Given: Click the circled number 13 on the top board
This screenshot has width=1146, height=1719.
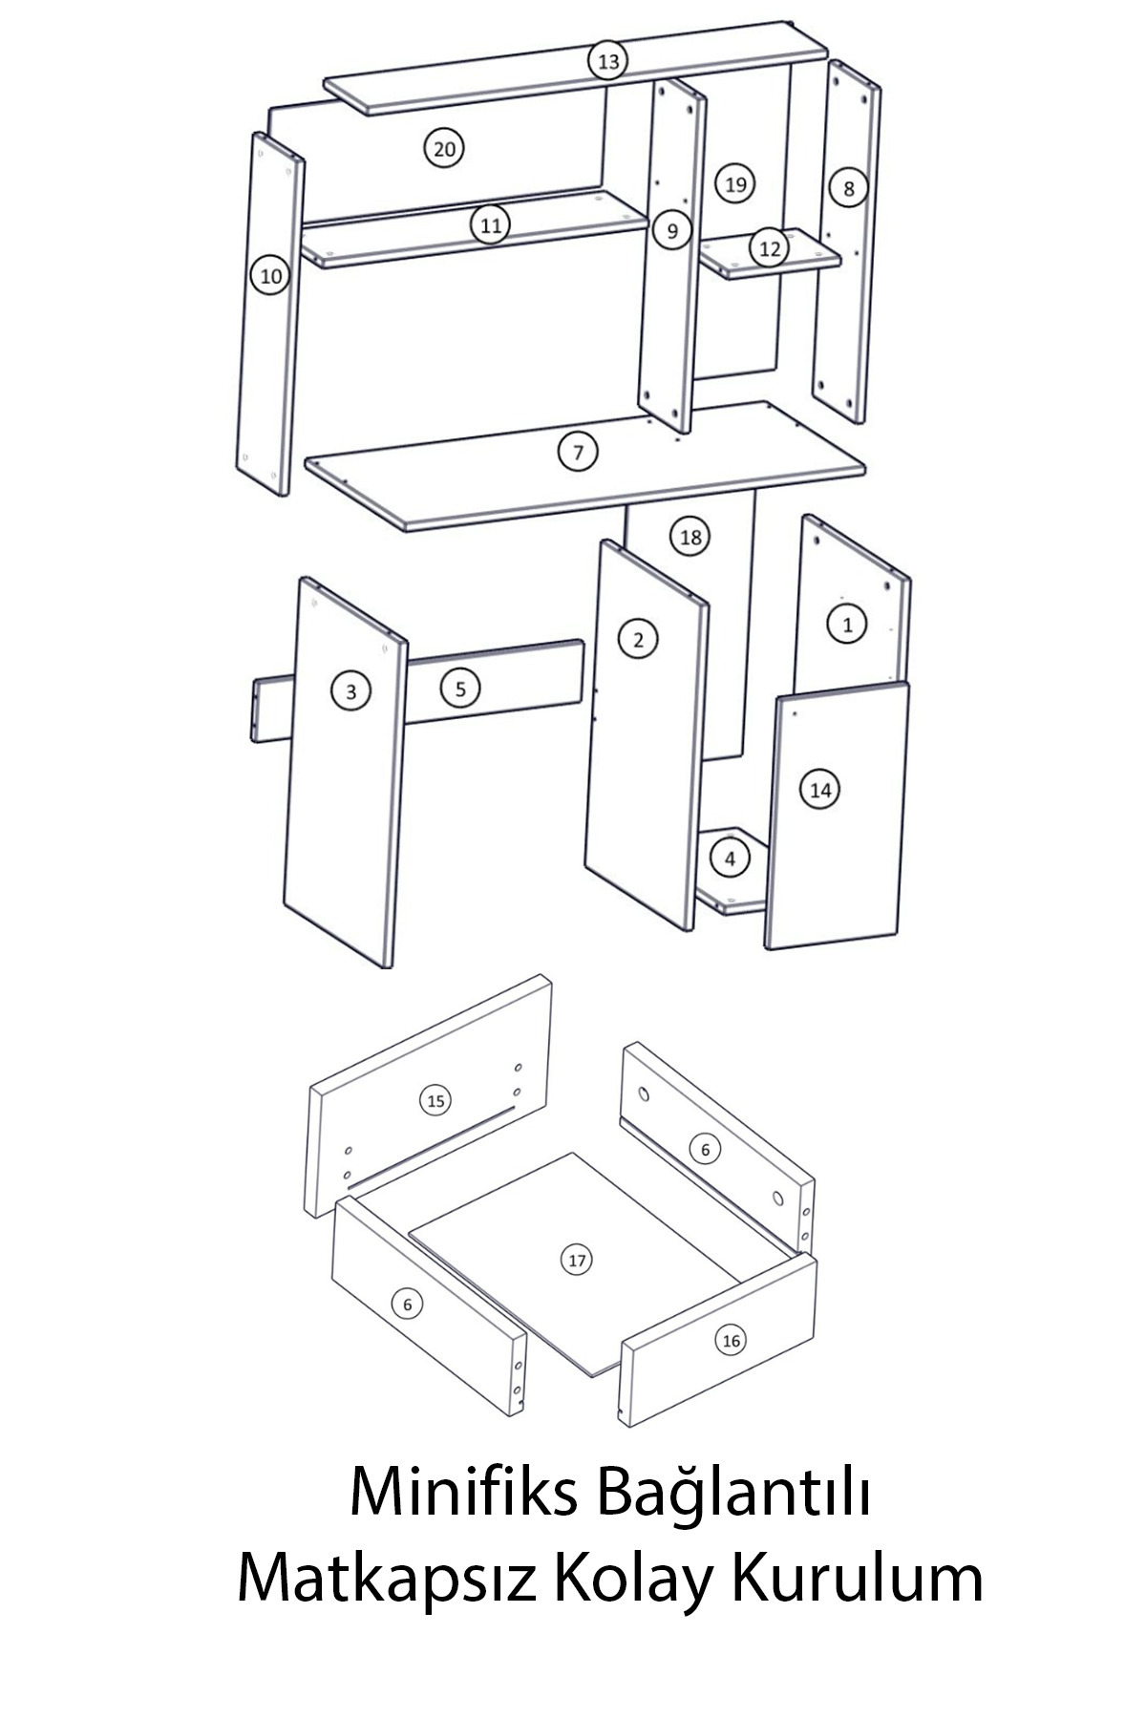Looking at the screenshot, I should pos(607,62).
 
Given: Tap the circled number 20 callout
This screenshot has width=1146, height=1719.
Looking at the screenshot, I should pos(444,149).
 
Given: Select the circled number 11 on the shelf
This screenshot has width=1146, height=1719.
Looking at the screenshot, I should pos(490,226).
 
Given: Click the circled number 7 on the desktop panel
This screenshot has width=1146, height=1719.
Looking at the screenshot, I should pos(578,452).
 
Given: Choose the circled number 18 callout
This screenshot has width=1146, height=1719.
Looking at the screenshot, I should pos(690,538).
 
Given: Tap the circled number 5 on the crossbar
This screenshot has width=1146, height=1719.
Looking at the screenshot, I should pos(460,688).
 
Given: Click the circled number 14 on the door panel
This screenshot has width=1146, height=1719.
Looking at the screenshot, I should pos(820,790).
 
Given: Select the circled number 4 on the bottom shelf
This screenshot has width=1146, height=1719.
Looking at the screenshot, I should pos(731,859).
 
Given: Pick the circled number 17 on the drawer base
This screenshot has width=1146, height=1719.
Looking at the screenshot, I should pos(577,1261).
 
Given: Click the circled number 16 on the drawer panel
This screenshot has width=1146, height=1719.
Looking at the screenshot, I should pos(731,1341).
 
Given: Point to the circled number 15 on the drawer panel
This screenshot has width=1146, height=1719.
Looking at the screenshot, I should pos(435,1101).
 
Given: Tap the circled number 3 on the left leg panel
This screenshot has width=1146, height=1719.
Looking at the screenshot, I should pos(350,691).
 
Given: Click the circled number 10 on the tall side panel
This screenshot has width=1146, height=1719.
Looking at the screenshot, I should pos(271,277).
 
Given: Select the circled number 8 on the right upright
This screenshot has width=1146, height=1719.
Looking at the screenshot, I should pos(848,188).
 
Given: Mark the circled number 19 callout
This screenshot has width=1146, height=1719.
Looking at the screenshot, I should pos(734,183).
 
